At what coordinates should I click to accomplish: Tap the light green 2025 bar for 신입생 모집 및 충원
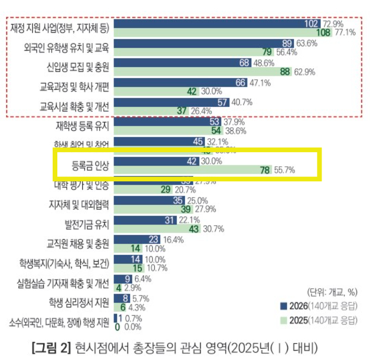click(x=201, y=72)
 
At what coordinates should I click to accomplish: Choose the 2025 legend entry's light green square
click(x=284, y=320)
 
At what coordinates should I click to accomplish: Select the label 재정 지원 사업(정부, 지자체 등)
click(x=60, y=28)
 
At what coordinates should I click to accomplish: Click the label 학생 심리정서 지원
click(x=79, y=303)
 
